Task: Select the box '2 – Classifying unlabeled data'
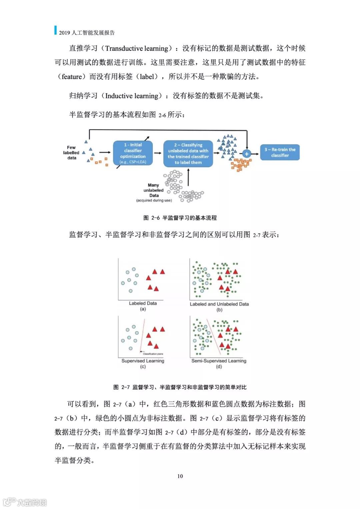188,154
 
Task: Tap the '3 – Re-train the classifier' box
280,152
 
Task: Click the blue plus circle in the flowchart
246,154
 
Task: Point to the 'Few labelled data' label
71,152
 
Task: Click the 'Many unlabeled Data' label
154,190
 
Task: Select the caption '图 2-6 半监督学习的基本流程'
180,218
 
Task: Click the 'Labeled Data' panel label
143,303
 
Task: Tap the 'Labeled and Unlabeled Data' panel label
219,304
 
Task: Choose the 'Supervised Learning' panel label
143,361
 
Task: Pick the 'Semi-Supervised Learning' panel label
219,361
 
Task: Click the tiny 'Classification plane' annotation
153,354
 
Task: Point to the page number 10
180,476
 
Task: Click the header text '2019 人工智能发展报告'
87,33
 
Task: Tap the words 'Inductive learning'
132,96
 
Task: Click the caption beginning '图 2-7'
180,387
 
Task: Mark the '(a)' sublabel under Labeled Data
143,309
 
